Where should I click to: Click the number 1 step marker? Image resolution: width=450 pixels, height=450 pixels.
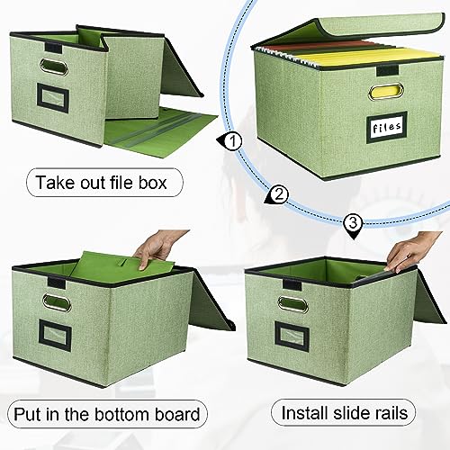pos(231,140)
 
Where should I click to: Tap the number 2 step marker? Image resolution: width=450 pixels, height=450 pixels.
pos(278,195)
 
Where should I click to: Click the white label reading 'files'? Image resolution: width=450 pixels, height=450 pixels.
pos(387,127)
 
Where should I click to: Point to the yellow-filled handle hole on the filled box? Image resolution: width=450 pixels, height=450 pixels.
pos(386,92)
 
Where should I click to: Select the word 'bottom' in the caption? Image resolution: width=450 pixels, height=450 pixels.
pos(121,414)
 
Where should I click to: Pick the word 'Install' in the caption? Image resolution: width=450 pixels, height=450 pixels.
pos(305,413)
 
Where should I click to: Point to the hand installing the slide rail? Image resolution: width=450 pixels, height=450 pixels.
pos(410,251)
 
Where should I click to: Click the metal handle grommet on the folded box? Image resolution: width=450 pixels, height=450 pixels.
pos(54,67)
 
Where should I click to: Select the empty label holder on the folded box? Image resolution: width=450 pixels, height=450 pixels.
pos(53,98)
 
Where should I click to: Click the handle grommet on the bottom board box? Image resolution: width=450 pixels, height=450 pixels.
pos(57,303)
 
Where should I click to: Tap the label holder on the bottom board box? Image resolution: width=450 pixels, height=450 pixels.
pos(55,336)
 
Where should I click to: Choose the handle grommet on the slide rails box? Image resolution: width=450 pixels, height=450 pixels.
pos(292,304)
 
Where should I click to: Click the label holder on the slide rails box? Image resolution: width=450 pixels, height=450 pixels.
pos(292,337)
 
